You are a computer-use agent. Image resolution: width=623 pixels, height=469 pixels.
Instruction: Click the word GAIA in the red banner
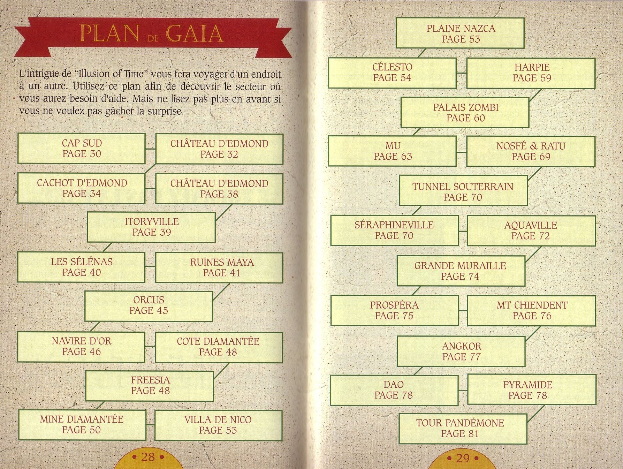point(194,34)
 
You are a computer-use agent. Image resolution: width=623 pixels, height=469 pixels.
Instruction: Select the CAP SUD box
point(82,149)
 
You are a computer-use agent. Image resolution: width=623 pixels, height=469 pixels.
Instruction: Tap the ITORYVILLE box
point(151,227)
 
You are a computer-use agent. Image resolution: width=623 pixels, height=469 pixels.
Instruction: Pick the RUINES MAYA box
point(219,267)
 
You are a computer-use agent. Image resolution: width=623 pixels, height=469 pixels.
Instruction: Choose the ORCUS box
point(149,306)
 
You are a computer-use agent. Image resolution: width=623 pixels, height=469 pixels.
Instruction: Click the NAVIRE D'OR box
point(81,347)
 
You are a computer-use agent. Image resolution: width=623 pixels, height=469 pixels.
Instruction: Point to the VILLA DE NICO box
point(218,425)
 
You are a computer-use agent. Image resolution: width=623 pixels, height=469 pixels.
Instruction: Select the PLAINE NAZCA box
point(460,33)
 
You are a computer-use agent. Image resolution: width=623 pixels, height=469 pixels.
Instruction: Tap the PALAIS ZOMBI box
point(465,112)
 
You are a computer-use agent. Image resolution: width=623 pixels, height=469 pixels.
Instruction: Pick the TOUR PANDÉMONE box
point(463,429)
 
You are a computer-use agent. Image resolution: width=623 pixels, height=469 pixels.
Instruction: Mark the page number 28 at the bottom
point(148,457)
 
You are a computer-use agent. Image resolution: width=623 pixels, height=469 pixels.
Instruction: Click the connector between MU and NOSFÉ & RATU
point(462,152)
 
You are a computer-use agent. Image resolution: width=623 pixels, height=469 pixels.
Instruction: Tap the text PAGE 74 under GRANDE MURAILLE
point(460,277)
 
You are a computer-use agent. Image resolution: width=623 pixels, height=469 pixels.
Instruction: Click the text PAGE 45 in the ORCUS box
point(149,310)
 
